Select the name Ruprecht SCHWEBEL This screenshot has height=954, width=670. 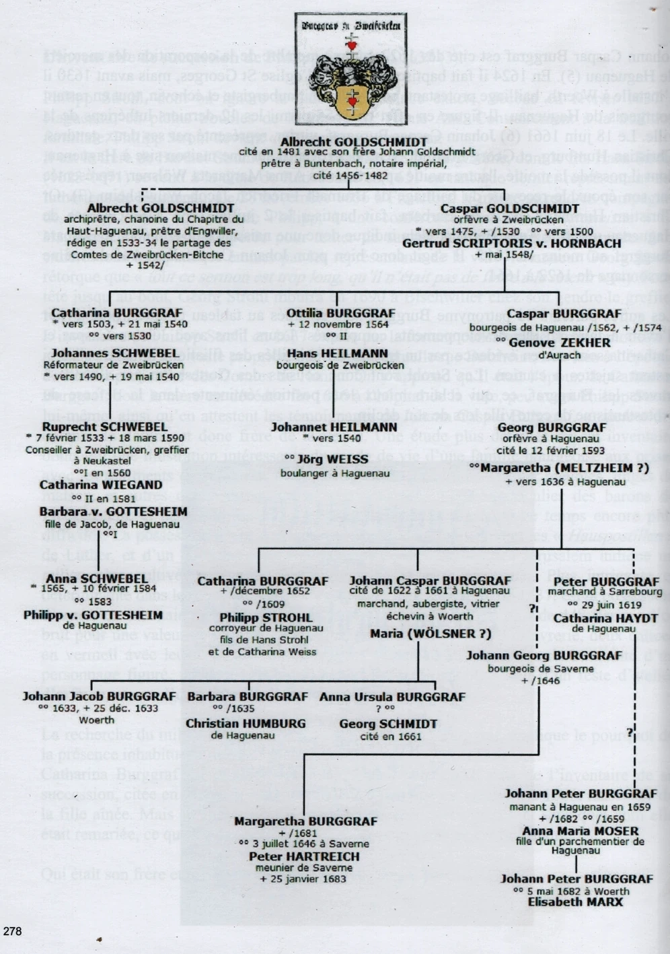coord(104,427)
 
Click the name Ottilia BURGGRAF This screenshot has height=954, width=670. coord(341,313)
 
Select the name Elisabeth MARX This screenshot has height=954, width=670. coord(575,902)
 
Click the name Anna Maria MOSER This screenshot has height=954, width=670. coord(580,831)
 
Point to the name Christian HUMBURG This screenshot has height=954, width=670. coord(246,724)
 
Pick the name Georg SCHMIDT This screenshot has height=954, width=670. coord(388,724)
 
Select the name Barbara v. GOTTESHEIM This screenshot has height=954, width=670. coord(113,512)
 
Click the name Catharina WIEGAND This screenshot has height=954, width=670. coord(100,485)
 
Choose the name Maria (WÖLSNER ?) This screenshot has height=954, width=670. coord(431,634)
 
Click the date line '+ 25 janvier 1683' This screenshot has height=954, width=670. coord(304,879)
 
